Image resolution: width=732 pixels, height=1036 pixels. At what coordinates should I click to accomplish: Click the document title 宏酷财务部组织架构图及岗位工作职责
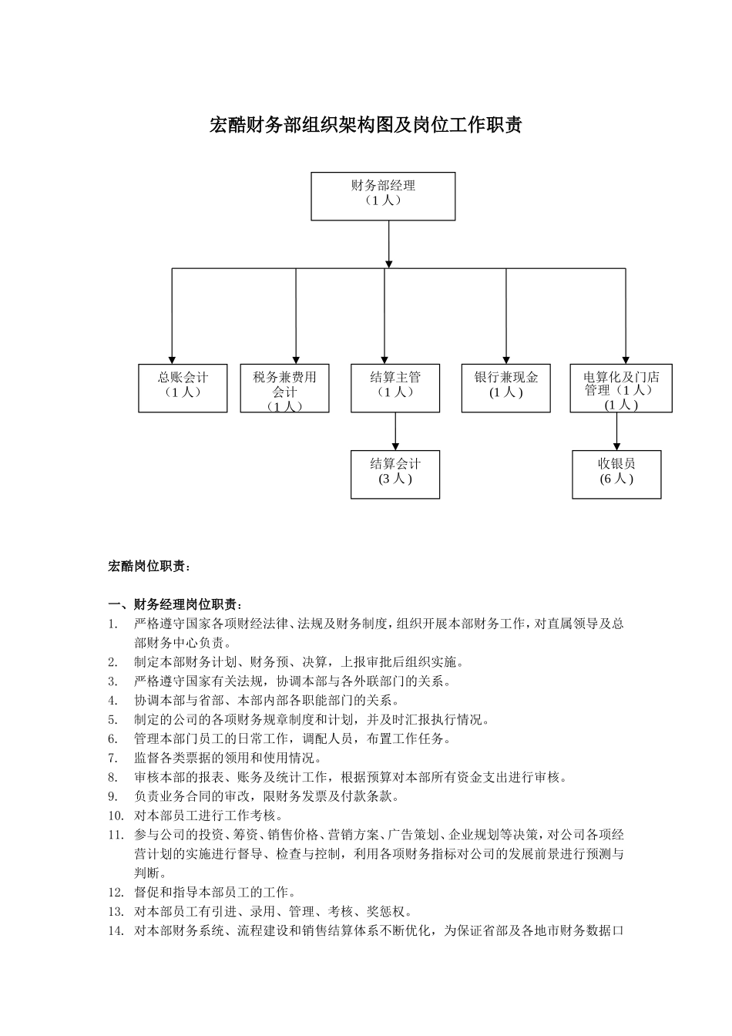click(x=366, y=125)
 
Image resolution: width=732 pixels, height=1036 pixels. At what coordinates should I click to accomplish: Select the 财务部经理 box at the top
click(x=383, y=196)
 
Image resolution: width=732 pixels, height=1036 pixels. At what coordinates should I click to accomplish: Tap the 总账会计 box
click(x=183, y=388)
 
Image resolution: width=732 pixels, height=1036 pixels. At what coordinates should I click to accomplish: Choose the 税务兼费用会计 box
click(x=284, y=388)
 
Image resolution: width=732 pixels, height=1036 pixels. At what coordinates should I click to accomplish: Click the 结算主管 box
click(x=395, y=388)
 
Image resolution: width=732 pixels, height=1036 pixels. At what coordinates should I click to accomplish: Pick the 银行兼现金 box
click(x=506, y=388)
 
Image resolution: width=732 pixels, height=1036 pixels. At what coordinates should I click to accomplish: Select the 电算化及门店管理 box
click(x=621, y=388)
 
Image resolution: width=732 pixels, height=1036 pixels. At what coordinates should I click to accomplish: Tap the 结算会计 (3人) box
click(x=395, y=474)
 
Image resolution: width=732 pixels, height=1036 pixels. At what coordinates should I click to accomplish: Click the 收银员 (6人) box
click(x=616, y=474)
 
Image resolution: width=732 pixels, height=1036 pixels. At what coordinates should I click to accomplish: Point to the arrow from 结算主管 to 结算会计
click(x=395, y=431)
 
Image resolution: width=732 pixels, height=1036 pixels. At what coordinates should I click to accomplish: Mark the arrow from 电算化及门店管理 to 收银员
click(x=616, y=431)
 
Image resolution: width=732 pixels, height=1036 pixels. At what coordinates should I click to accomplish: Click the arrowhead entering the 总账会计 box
click(x=172, y=358)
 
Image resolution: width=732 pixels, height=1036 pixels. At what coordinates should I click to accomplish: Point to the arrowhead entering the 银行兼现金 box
click(x=506, y=358)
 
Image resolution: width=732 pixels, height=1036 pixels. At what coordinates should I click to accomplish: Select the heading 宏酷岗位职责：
click(x=148, y=567)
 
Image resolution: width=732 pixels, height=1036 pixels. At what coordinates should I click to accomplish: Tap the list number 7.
click(x=112, y=758)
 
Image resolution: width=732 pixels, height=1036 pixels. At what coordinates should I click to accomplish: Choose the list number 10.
click(x=116, y=816)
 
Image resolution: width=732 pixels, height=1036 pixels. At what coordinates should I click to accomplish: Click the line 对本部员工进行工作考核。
click(x=209, y=816)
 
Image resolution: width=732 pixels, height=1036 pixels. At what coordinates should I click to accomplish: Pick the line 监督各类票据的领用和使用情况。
click(x=227, y=758)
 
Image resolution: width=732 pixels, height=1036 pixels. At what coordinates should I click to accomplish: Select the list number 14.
click(x=116, y=931)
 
